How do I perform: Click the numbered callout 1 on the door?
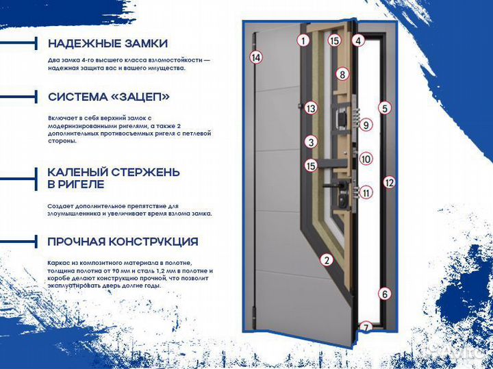pyautogui.click(x=303, y=40)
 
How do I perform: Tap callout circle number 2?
pyautogui.click(x=327, y=259)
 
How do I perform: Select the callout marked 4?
pyautogui.click(x=358, y=40)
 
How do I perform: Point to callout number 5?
pyautogui.click(x=385, y=108)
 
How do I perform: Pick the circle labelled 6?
pyautogui.click(x=385, y=294)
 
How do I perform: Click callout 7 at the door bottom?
pyautogui.click(x=366, y=328)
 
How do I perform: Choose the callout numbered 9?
pyautogui.click(x=366, y=125)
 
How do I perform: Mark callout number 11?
pyautogui.click(x=366, y=192)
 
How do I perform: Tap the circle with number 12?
pyautogui.click(x=389, y=182)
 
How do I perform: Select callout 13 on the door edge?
pyautogui.click(x=311, y=108)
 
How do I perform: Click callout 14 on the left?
pyautogui.click(x=256, y=58)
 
